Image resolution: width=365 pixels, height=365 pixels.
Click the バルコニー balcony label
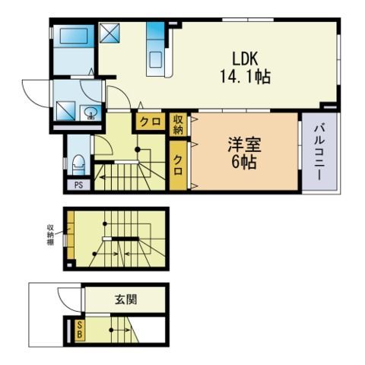319,153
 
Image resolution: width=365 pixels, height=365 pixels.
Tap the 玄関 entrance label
126,299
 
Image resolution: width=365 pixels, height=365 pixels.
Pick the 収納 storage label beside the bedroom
178,123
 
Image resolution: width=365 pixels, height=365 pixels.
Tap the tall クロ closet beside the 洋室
178,164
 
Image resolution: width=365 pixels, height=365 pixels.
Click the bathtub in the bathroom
74,37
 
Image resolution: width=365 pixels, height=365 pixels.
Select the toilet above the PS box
78,163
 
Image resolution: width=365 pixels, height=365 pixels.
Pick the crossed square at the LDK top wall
112,33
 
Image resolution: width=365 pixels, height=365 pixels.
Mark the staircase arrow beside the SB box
116,331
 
